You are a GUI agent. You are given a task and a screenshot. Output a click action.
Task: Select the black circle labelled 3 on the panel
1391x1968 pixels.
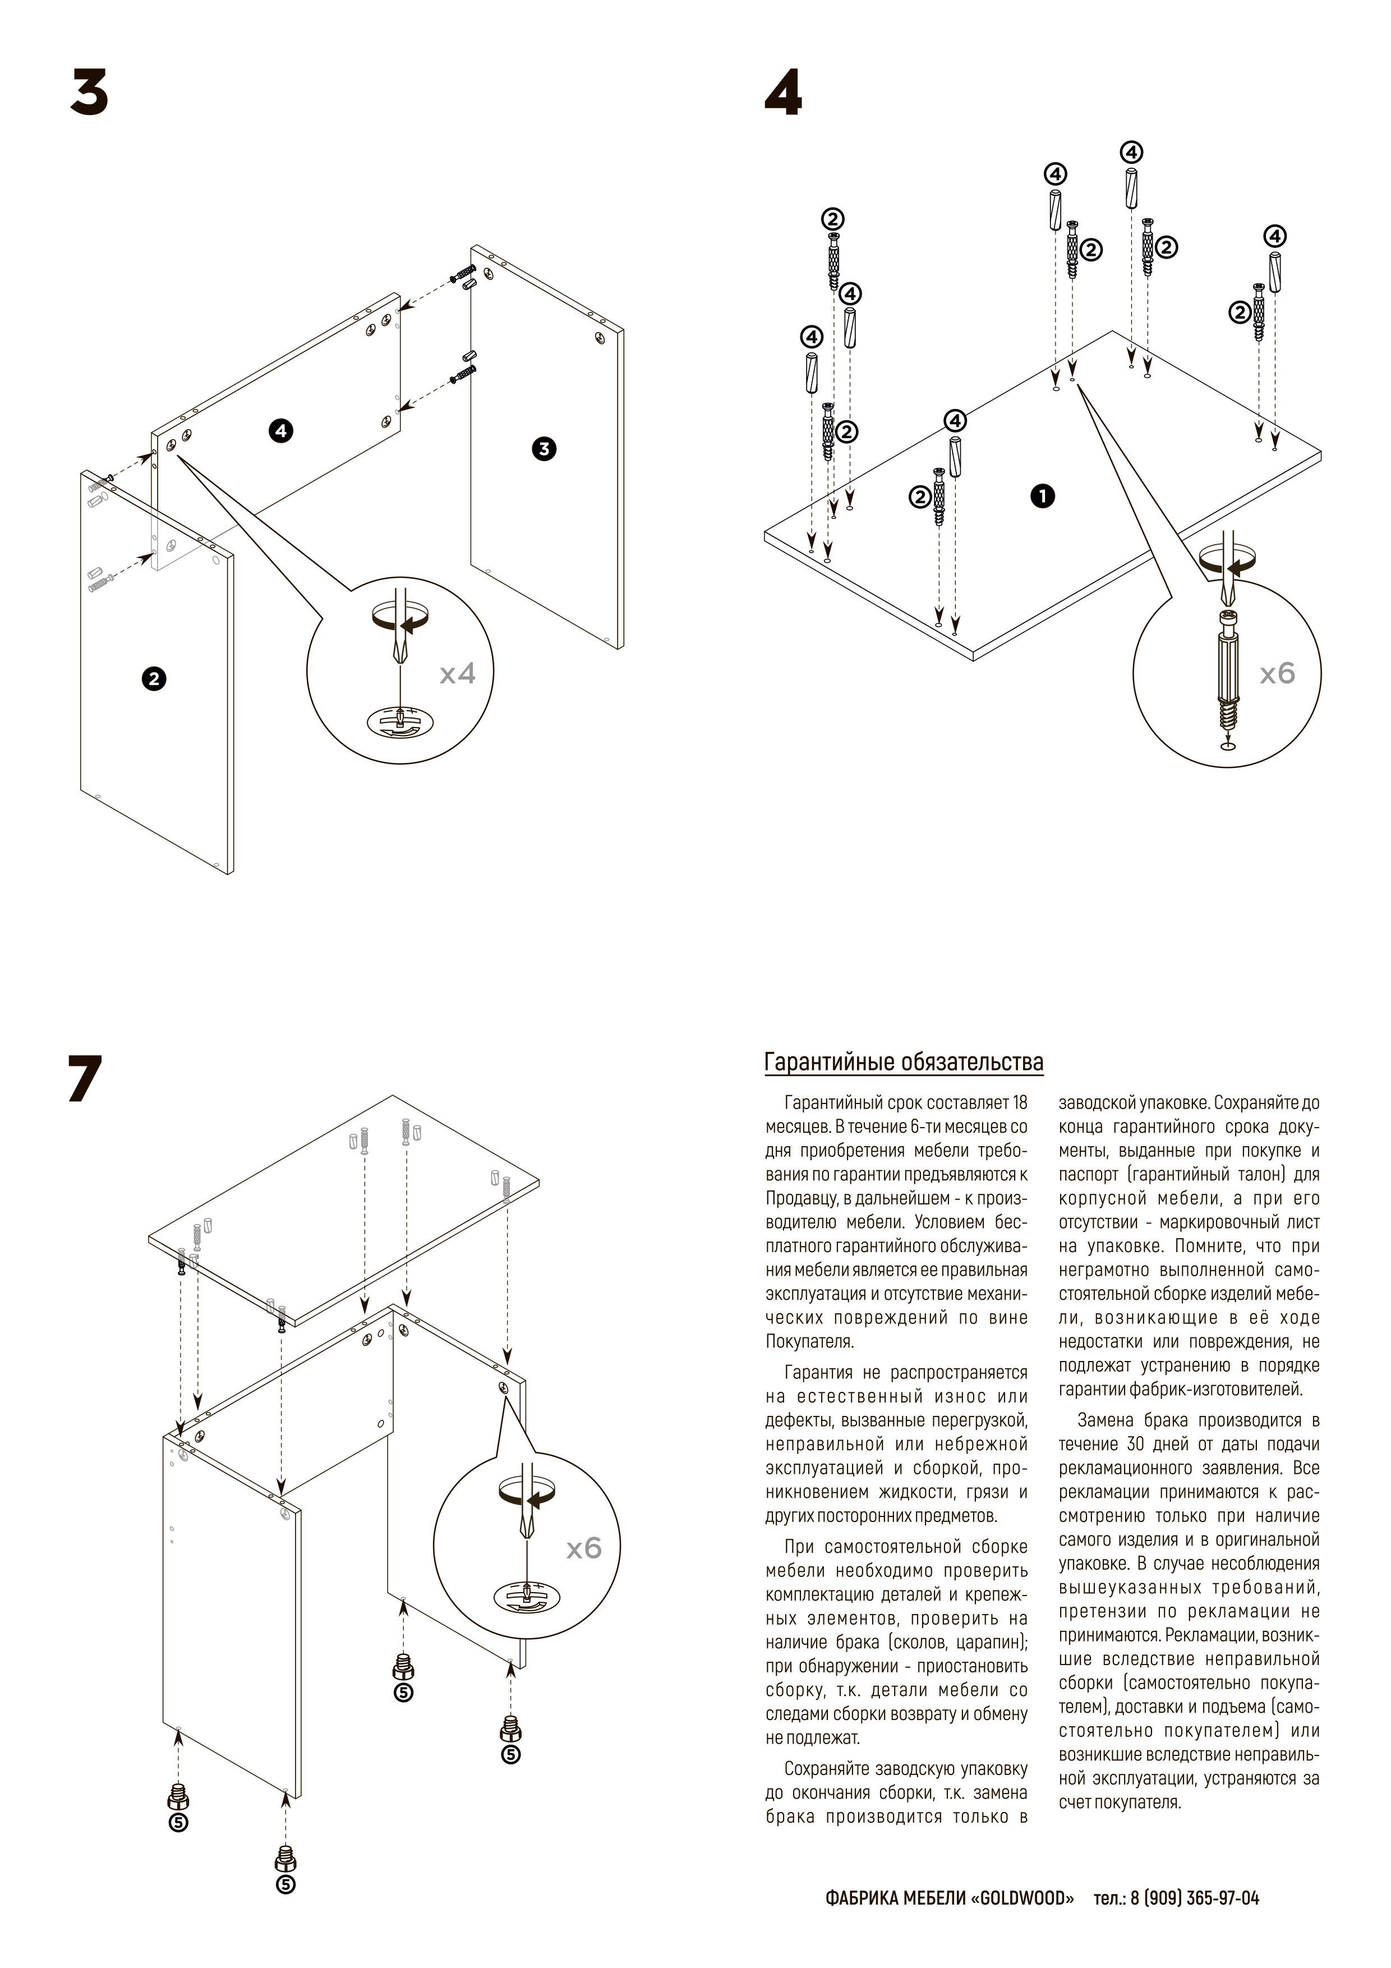click(x=544, y=448)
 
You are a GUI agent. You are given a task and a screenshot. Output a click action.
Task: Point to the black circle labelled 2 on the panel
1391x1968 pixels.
click(x=154, y=679)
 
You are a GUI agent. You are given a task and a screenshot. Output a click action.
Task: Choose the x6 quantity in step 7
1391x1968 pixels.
click(x=584, y=1548)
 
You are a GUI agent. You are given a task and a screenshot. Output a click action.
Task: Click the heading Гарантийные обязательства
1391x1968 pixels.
click(x=904, y=1063)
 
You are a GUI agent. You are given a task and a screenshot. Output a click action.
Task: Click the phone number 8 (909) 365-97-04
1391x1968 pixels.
click(x=1195, y=1898)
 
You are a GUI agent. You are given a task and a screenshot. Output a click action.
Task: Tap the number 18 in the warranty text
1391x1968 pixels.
click(x=1019, y=1103)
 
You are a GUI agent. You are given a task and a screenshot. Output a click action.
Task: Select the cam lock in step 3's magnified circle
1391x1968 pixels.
click(x=400, y=721)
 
